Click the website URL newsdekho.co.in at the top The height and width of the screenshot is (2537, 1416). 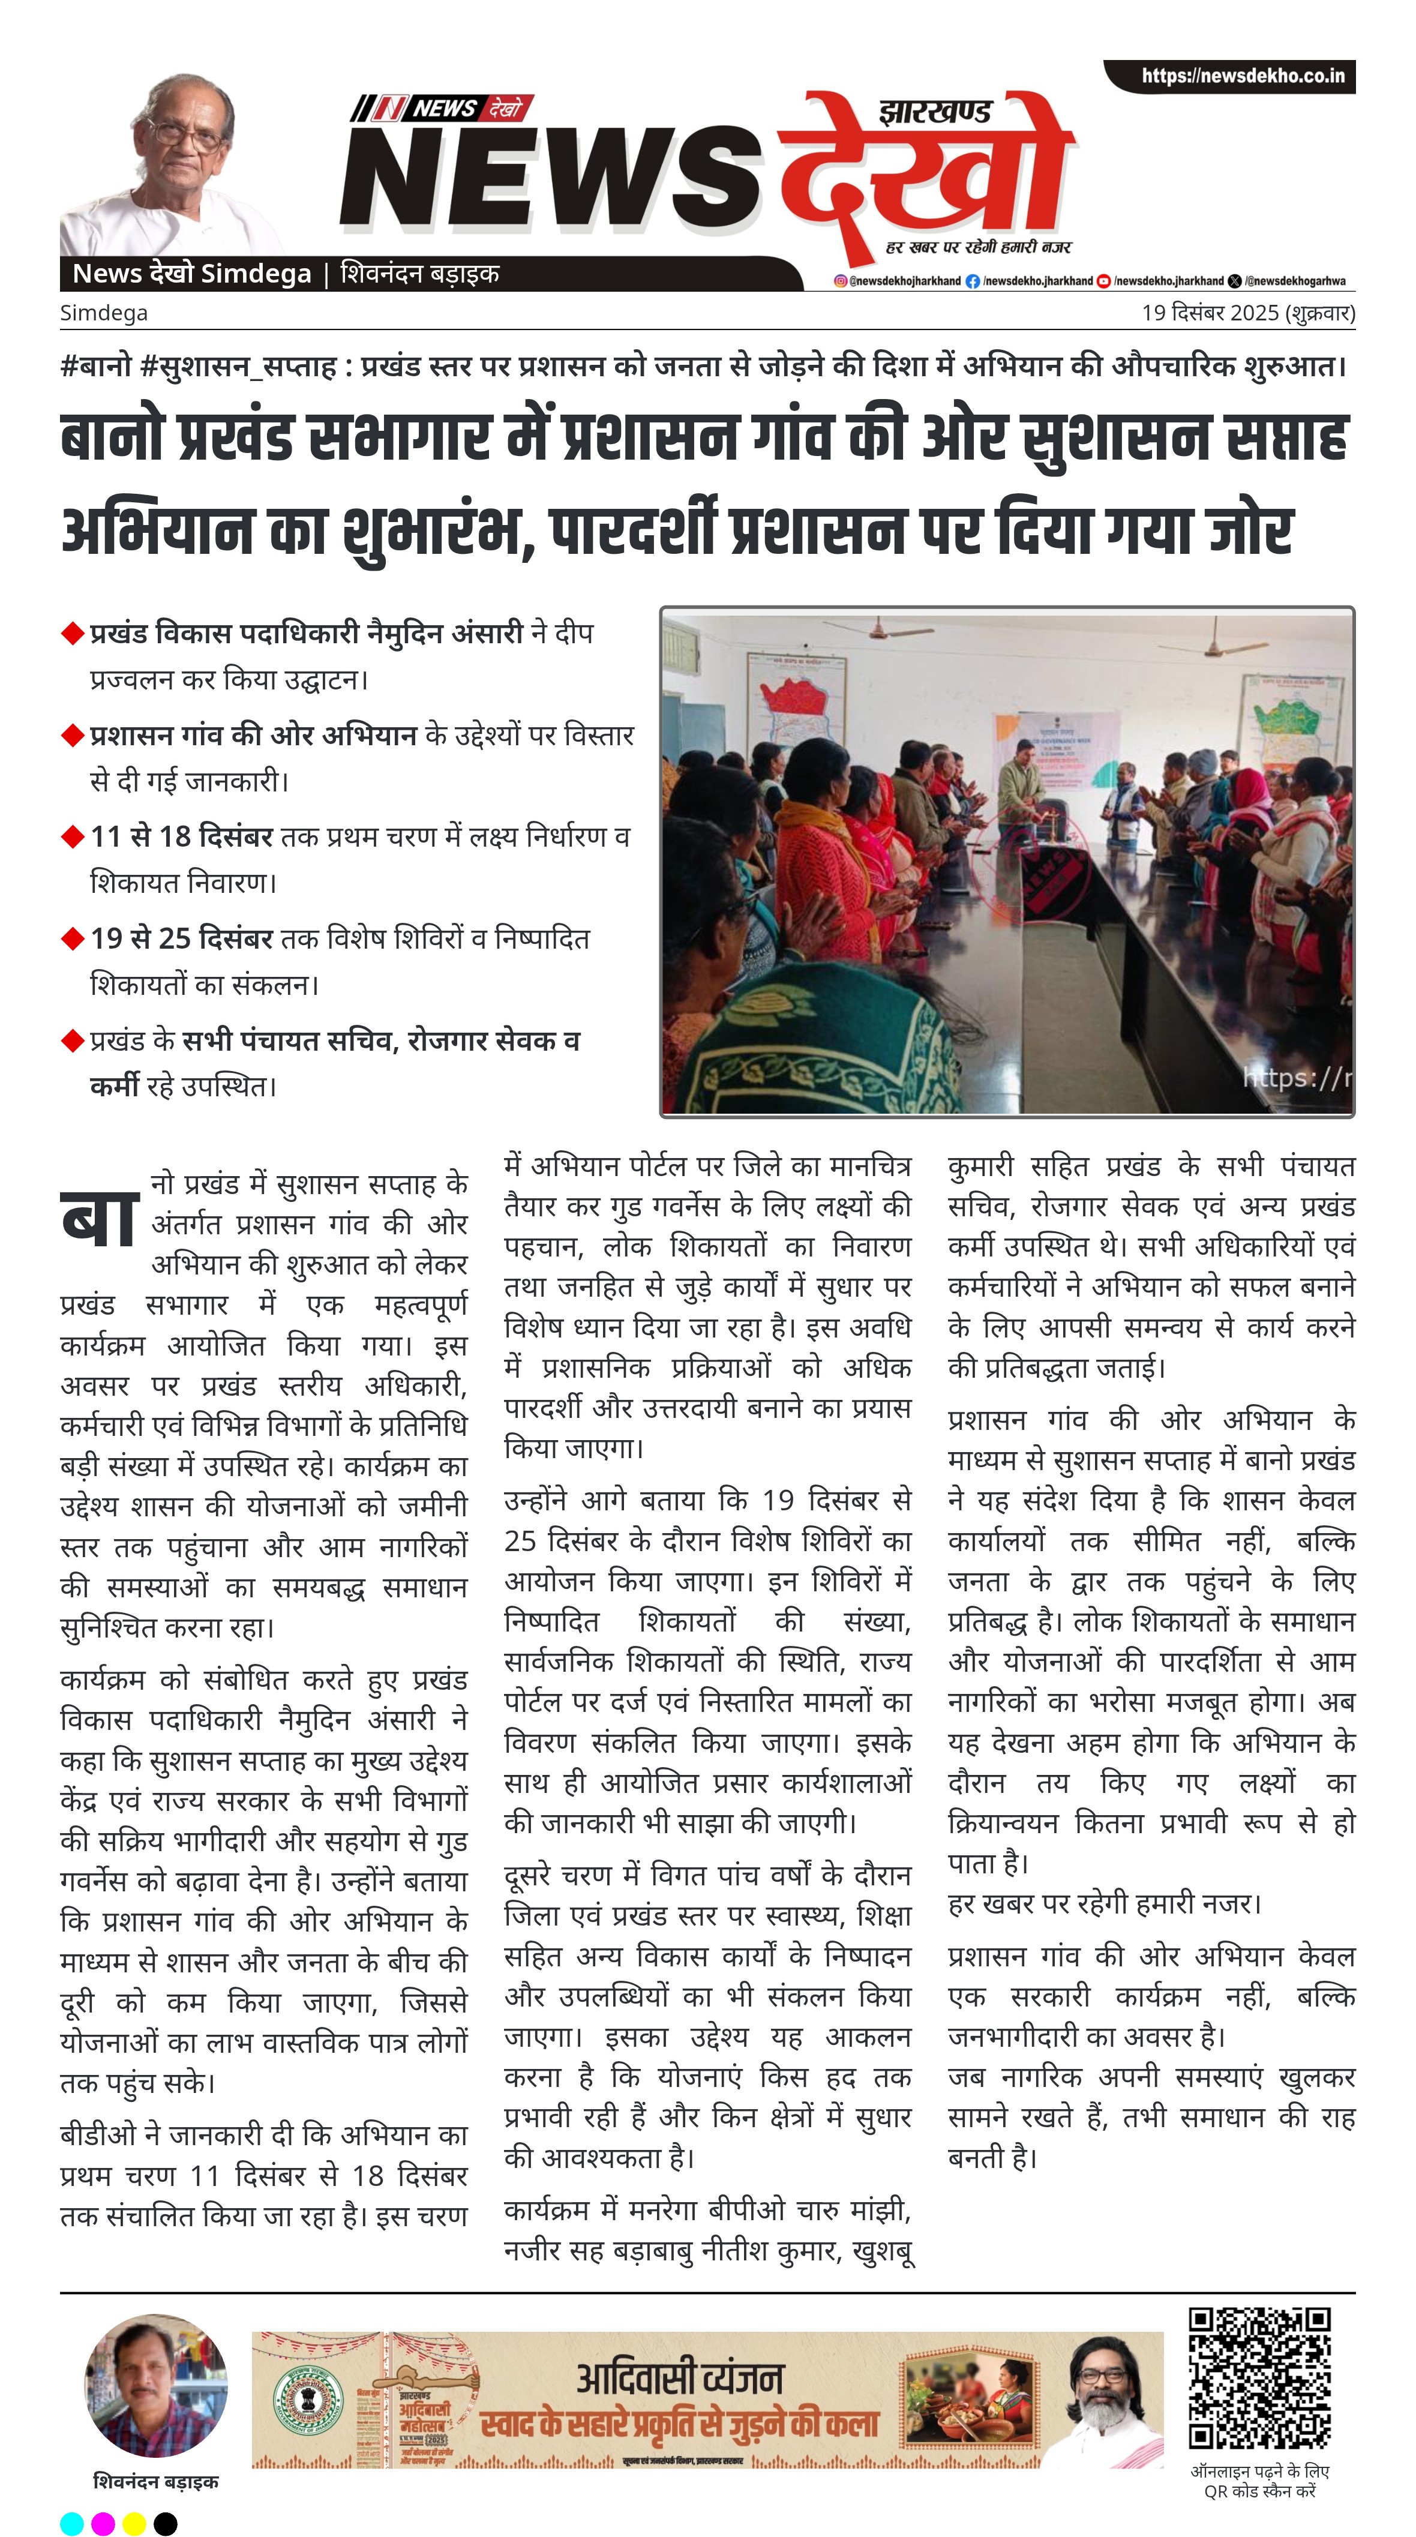coord(1242,76)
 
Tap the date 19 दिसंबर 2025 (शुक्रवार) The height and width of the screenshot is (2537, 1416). coord(1247,313)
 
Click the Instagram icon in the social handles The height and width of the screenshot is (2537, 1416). coord(840,281)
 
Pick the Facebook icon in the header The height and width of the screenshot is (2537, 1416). coord(973,281)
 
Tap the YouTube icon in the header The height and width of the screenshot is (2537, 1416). coord(1104,281)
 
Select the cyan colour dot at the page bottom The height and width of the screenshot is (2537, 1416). coord(72,2523)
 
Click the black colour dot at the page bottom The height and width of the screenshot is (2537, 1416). coord(166,2523)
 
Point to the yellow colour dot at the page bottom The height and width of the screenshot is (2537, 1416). coord(134,2523)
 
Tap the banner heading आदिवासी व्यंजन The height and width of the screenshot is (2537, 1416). coord(679,2379)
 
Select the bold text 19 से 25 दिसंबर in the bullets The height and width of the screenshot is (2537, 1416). coord(181,938)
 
